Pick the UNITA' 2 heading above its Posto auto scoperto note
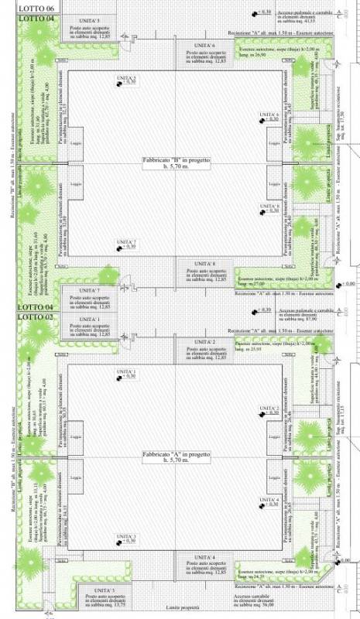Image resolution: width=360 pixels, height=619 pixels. pyautogui.click(x=201, y=341)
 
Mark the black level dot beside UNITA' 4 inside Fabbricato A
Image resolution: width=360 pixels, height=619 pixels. pyautogui.click(x=261, y=506)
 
